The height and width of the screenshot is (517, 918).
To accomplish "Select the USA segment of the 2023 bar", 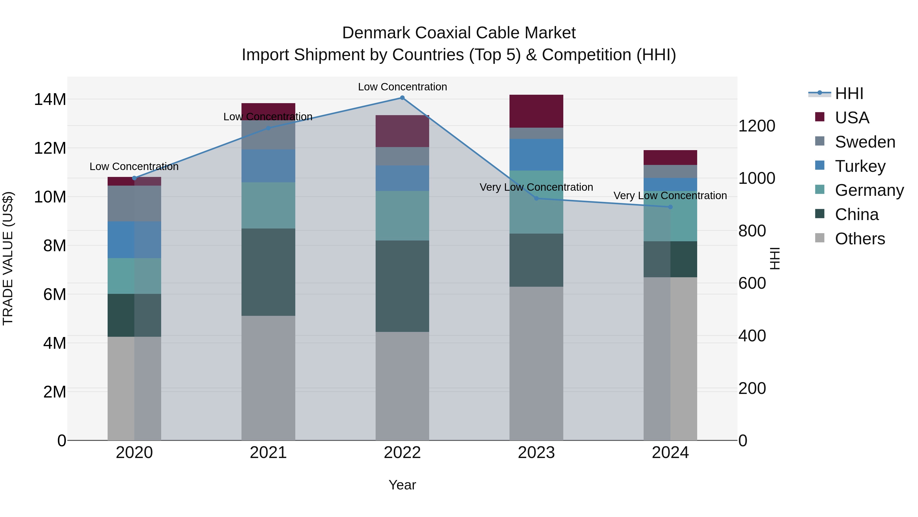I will (536, 111).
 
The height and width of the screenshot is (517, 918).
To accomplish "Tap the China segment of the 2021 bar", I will (268, 272).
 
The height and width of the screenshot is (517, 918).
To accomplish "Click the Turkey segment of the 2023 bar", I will (536, 154).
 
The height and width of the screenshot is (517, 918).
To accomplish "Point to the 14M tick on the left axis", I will (50, 99).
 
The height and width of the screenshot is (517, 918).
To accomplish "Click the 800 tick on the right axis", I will (752, 231).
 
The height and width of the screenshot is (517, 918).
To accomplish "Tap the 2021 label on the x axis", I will (268, 453).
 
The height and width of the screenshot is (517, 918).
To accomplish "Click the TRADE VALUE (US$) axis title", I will (8, 258).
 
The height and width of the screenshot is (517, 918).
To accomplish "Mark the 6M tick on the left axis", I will (54, 294).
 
